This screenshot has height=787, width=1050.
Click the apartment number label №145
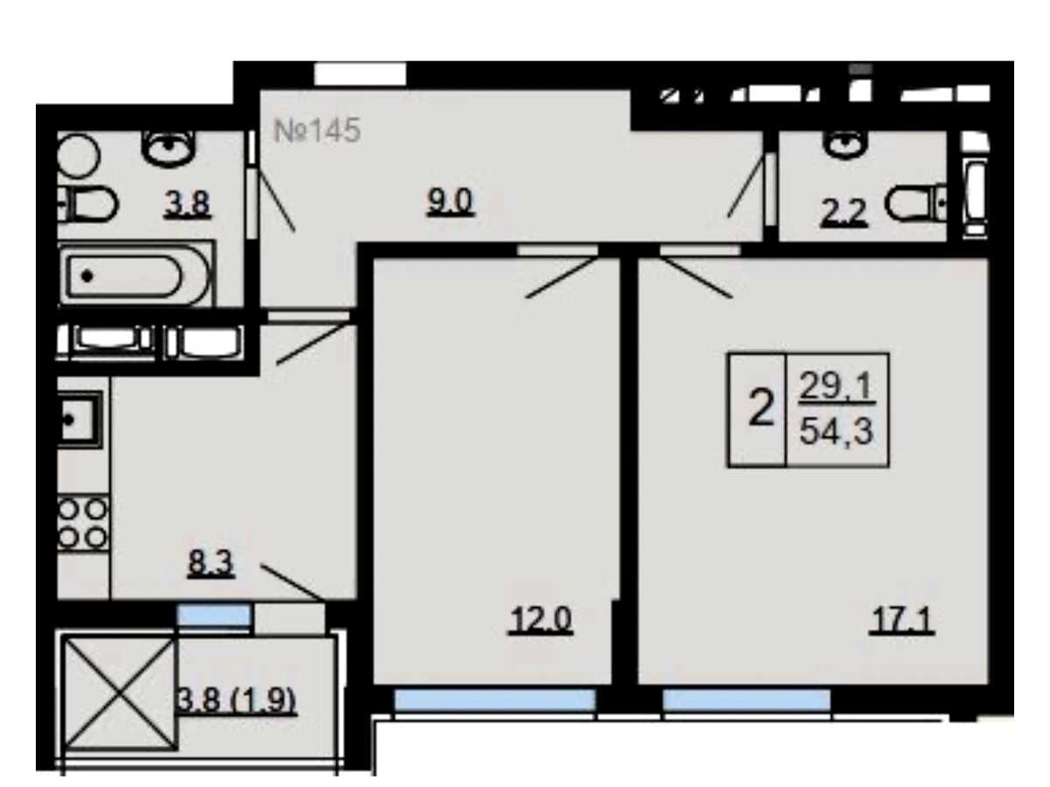point(317,130)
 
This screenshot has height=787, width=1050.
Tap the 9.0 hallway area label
point(450,202)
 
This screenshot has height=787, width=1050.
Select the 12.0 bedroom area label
point(541,620)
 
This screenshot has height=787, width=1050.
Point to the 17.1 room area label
point(902,620)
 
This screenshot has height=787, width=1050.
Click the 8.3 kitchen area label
point(211,563)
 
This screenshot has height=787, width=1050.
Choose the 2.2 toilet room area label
point(844,212)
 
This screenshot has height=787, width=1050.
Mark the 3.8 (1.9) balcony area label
point(237,701)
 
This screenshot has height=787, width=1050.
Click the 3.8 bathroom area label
point(187,204)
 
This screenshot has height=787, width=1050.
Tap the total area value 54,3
point(836,431)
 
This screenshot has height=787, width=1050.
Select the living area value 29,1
point(836,387)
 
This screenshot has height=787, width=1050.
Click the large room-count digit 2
point(761,407)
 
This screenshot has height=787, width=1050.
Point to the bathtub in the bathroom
point(136,274)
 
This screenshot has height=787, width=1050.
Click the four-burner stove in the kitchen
point(83,524)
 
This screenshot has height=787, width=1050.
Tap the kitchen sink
point(80,420)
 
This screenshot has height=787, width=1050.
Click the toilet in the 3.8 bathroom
point(88,203)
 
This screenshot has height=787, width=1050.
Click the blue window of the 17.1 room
point(746,701)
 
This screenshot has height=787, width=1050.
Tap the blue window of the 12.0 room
point(494,701)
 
